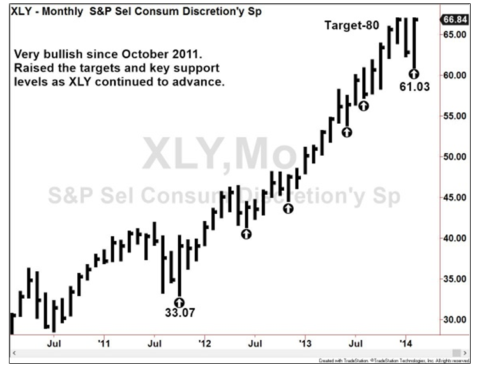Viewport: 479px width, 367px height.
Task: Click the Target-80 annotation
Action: (x=352, y=26)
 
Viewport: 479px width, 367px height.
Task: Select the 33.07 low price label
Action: (x=179, y=313)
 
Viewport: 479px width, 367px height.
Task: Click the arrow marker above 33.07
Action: (x=179, y=301)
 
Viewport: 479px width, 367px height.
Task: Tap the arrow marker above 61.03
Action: (x=414, y=74)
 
